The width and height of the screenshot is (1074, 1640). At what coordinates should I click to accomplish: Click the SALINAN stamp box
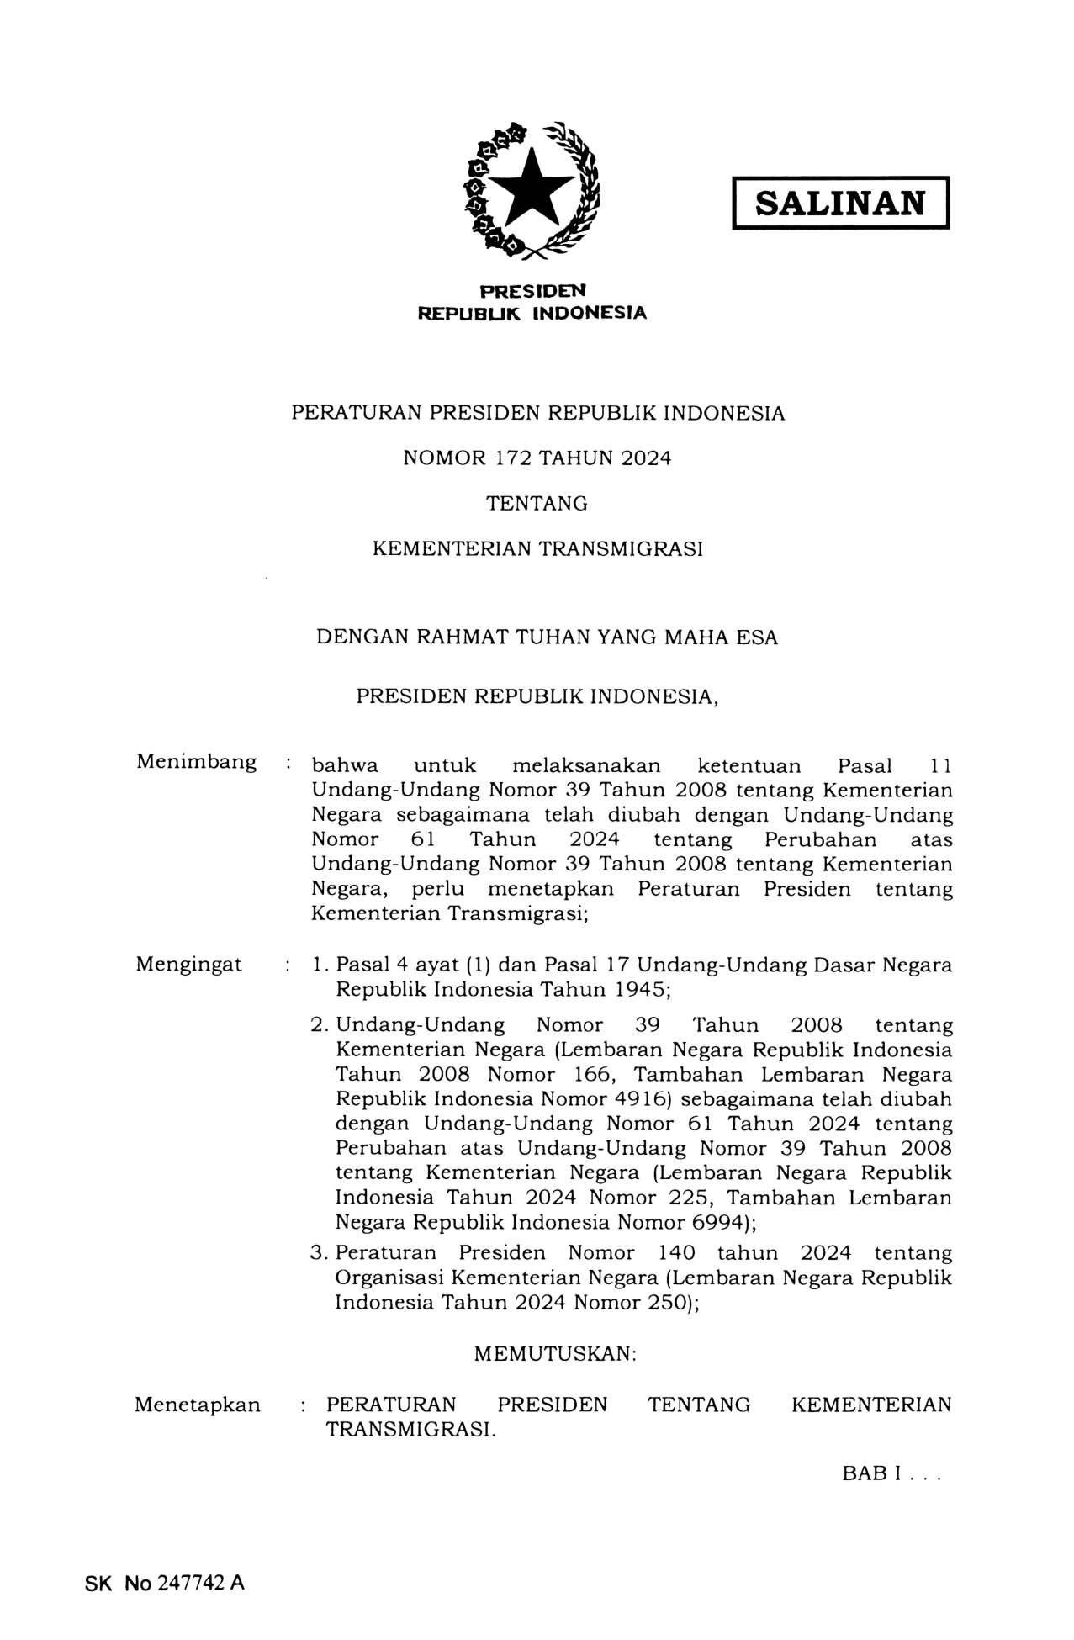[x=840, y=203]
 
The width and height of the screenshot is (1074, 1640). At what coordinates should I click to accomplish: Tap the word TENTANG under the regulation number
[x=537, y=504]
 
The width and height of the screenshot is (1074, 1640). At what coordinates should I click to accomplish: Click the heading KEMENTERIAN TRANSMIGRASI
[x=537, y=549]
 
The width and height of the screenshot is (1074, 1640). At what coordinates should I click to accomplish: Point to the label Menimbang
[x=196, y=762]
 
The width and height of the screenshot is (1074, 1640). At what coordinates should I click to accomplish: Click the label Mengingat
[x=188, y=965]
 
